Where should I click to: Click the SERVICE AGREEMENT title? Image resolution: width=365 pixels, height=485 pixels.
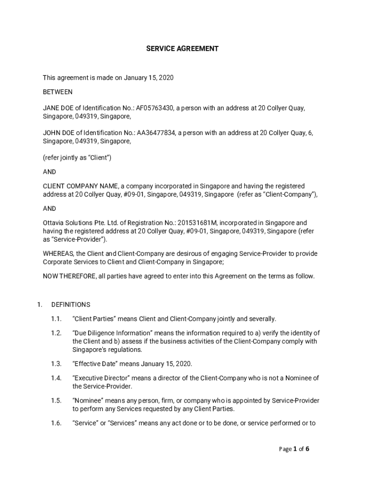tap(182, 48)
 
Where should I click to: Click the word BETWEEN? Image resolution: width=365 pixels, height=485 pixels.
tap(58, 92)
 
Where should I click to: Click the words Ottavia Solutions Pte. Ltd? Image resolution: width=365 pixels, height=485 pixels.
tap(82, 223)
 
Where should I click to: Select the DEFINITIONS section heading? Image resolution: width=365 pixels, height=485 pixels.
tap(71, 305)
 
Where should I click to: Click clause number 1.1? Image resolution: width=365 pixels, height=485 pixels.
tap(56, 319)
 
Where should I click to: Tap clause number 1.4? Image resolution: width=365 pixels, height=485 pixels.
tap(56, 378)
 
